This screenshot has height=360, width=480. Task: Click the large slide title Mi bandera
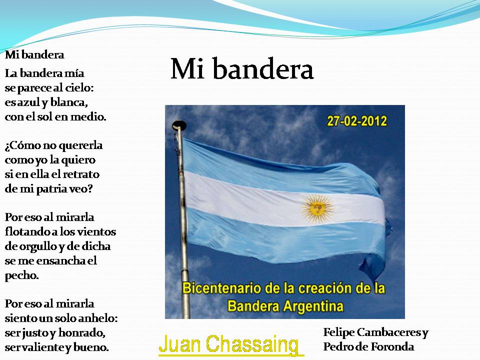242,70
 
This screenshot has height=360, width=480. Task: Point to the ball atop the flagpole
178,125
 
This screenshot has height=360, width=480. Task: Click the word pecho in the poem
21,275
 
